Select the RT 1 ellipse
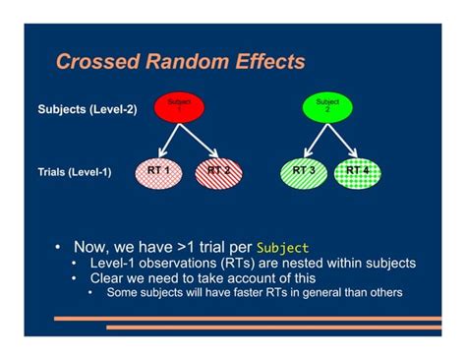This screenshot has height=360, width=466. click(158, 171)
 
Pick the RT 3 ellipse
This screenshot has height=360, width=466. click(305, 171)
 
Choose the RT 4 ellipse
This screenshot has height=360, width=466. click(359, 171)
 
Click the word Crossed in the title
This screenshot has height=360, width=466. click(93, 62)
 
